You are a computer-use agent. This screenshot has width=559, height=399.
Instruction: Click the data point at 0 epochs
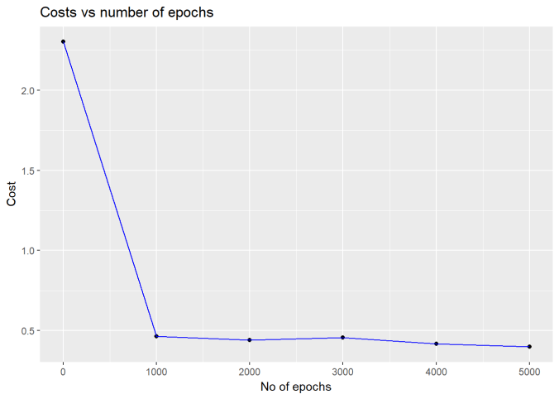[63, 41]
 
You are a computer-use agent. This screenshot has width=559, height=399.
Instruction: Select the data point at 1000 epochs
[156, 336]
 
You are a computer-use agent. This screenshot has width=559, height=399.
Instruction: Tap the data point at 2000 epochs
[250, 340]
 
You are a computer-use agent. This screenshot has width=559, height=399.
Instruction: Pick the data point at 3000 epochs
[342, 338]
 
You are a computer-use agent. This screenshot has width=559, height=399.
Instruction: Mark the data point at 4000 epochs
[436, 344]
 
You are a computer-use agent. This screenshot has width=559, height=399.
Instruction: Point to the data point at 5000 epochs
[529, 347]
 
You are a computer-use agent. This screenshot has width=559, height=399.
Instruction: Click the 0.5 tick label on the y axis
[29, 331]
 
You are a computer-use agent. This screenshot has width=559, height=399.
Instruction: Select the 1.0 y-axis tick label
[29, 251]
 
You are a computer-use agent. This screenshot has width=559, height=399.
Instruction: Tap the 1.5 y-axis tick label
[29, 171]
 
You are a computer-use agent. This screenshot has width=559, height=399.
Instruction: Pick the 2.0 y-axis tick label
[29, 90]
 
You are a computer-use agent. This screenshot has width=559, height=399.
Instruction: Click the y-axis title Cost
[12, 194]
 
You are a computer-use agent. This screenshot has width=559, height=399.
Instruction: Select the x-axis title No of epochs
[296, 387]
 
